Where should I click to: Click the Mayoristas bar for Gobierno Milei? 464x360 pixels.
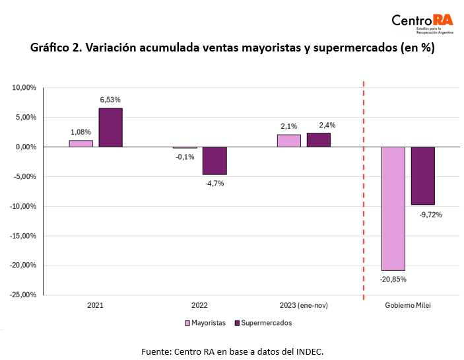pos(393,208)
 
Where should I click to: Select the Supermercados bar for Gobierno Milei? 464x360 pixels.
pos(423,176)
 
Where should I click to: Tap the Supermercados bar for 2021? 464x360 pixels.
pos(111,127)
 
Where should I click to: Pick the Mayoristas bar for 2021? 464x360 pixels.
pos(81,143)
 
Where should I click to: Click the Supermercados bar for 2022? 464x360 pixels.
pos(215,161)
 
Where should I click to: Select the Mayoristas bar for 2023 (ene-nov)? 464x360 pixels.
pos(288,141)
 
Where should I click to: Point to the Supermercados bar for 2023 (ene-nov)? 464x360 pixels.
pos(319,140)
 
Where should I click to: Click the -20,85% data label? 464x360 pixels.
pos(393,279)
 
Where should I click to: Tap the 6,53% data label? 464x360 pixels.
pos(110,100)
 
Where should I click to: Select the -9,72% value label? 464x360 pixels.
pos(430,214)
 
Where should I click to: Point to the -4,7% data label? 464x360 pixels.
pos(214,183)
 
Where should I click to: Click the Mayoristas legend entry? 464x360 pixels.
pos(205,323)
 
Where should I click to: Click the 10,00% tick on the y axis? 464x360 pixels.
pos(24,88)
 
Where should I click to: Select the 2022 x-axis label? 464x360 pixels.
pos(200,306)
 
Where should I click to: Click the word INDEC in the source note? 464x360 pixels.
pos(309,351)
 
